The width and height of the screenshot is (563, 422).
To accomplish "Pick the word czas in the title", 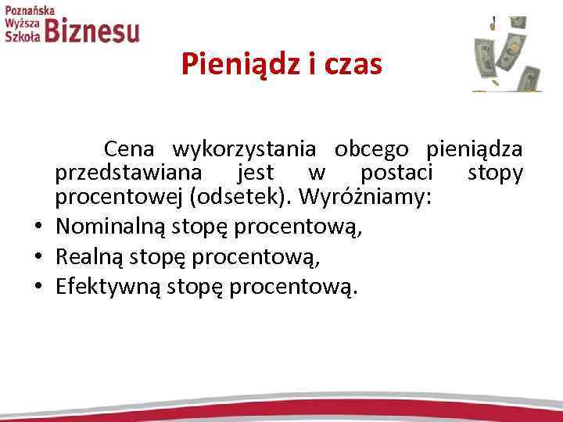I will [351, 64].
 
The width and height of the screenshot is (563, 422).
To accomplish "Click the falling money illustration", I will [507, 53].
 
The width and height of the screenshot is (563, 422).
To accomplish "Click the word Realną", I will [88, 257].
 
